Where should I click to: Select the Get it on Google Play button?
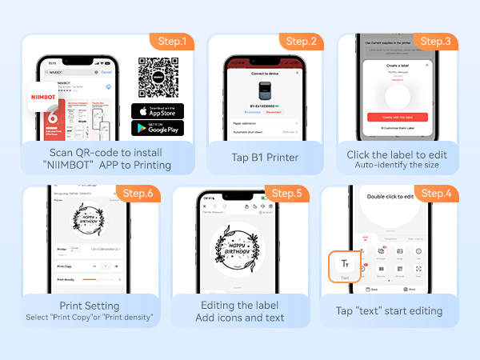[x=158, y=128]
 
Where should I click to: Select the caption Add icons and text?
[x=241, y=318]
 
